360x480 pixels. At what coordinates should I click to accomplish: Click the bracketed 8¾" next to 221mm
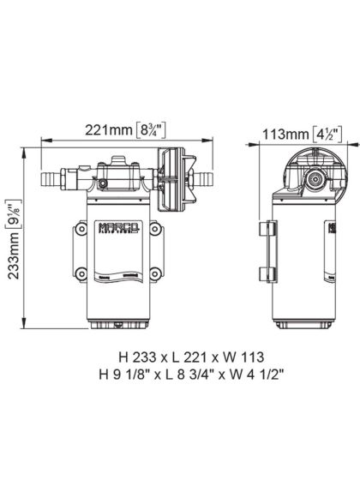tap(160, 130)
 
